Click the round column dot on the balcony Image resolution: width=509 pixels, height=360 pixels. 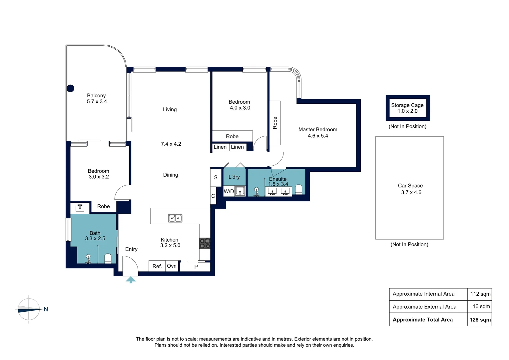pyautogui.click(x=70, y=88)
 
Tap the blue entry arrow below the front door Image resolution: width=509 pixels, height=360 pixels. pyautogui.click(x=131, y=280)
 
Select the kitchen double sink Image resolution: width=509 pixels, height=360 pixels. pyautogui.click(x=175, y=218)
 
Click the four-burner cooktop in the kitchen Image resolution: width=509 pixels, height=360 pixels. pyautogui.click(x=205, y=243)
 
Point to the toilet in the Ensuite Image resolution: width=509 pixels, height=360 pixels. pyautogui.click(x=298, y=189)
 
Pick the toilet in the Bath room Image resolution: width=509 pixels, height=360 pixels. pyautogui.click(x=108, y=259)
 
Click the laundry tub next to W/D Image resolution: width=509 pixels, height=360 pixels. pyautogui.click(x=240, y=191)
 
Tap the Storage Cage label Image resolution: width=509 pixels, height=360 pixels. pyautogui.click(x=407, y=105)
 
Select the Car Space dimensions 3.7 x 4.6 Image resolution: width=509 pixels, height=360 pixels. pyautogui.click(x=411, y=192)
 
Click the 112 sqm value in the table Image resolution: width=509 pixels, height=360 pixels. pyautogui.click(x=480, y=294)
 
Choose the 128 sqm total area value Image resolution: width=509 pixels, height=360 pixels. pyautogui.click(x=480, y=320)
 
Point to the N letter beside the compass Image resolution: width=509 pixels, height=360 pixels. pyautogui.click(x=46, y=309)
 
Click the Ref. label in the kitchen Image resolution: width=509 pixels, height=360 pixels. pyautogui.click(x=157, y=266)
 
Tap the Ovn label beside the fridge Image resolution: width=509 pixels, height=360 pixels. pyautogui.click(x=172, y=266)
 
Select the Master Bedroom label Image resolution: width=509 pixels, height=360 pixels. pyautogui.click(x=318, y=129)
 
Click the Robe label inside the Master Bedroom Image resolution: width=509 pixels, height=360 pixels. pyautogui.click(x=275, y=123)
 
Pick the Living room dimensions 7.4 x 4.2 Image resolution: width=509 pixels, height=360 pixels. pyautogui.click(x=171, y=144)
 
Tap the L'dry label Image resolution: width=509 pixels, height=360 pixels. pyautogui.click(x=234, y=177)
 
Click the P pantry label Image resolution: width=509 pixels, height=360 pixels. pyautogui.click(x=196, y=267)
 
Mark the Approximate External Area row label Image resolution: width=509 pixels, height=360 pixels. pyautogui.click(x=424, y=307)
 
